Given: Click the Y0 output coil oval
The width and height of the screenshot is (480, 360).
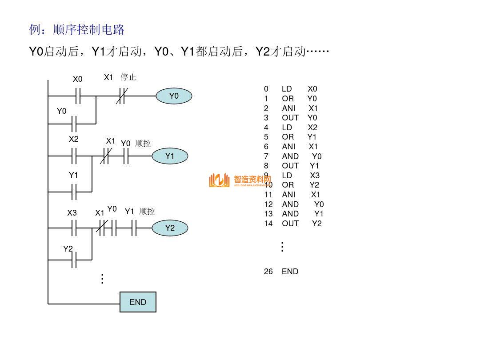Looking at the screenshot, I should [x=174, y=96].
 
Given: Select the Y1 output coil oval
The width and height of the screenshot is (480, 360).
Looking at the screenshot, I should [x=170, y=156].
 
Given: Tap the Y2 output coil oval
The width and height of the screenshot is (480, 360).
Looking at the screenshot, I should [x=170, y=228].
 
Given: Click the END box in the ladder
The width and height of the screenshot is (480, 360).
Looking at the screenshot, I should [x=138, y=302].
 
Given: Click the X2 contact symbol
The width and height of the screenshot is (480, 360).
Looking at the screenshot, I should [x=74, y=156].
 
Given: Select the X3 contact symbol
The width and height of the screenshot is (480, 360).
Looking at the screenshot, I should [x=74, y=228].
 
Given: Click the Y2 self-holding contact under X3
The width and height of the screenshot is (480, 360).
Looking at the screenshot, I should [x=74, y=260].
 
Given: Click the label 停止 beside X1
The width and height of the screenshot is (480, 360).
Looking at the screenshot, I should [x=128, y=77].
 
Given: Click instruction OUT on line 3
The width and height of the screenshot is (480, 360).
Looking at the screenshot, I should [x=290, y=118].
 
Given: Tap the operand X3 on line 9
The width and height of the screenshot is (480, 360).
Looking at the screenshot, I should [x=315, y=175].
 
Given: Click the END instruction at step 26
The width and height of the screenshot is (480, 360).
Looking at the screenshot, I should [x=290, y=271].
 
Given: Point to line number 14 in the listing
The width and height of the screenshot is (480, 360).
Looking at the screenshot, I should [x=268, y=224].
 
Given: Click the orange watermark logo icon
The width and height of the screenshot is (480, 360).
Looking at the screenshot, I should [x=219, y=180].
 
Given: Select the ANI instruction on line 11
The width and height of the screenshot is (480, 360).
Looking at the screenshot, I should [x=288, y=195].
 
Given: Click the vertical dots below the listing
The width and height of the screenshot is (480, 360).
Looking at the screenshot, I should [x=282, y=247].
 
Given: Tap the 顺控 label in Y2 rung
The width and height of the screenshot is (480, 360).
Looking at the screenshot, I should [x=147, y=212].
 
